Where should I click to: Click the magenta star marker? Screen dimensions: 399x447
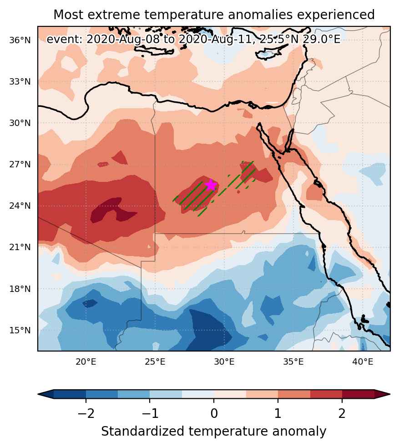[x=211, y=185]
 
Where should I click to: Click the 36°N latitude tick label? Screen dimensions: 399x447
[x=20, y=40]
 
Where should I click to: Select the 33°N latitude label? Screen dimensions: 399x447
[x=20, y=82]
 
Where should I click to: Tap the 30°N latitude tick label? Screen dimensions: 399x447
[x=20, y=123]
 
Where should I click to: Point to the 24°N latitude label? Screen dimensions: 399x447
[x=20, y=206]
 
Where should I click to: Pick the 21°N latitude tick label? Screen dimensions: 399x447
[x=20, y=247]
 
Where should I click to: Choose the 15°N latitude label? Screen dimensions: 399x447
[x=20, y=331]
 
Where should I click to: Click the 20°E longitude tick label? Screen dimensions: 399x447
[x=86, y=362]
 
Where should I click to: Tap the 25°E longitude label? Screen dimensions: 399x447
[x=155, y=362]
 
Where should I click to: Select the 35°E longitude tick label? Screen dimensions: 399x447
[x=293, y=362]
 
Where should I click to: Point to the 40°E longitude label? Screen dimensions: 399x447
[x=363, y=362]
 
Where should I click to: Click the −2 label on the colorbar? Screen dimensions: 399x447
[x=86, y=413]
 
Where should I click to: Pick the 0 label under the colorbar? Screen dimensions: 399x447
[x=214, y=413]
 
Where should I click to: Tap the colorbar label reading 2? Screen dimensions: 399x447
[x=342, y=413]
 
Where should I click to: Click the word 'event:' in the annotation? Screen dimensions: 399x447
[x=65, y=40]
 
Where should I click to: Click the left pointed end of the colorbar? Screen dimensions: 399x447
[x=38, y=394]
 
